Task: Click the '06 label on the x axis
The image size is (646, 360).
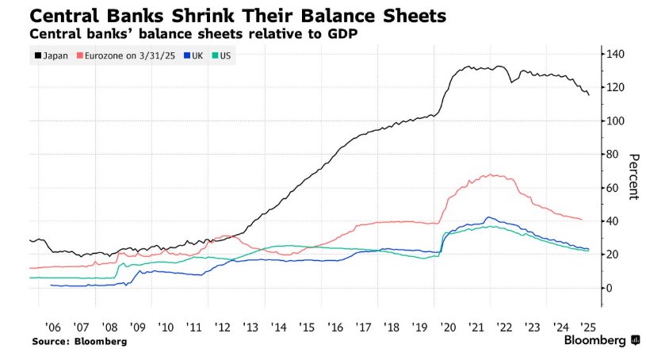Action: pyautogui.click(x=53, y=326)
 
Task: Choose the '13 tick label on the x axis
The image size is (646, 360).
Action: pyautogui.click(x=250, y=326)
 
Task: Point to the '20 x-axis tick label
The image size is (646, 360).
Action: pyautogui.click(x=448, y=326)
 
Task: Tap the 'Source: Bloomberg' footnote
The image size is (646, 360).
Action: pyautogui.click(x=79, y=341)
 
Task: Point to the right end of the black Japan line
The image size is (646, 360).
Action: pyautogui.click(x=589, y=95)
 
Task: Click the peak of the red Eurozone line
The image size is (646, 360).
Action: pyautogui.click(x=492, y=174)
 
